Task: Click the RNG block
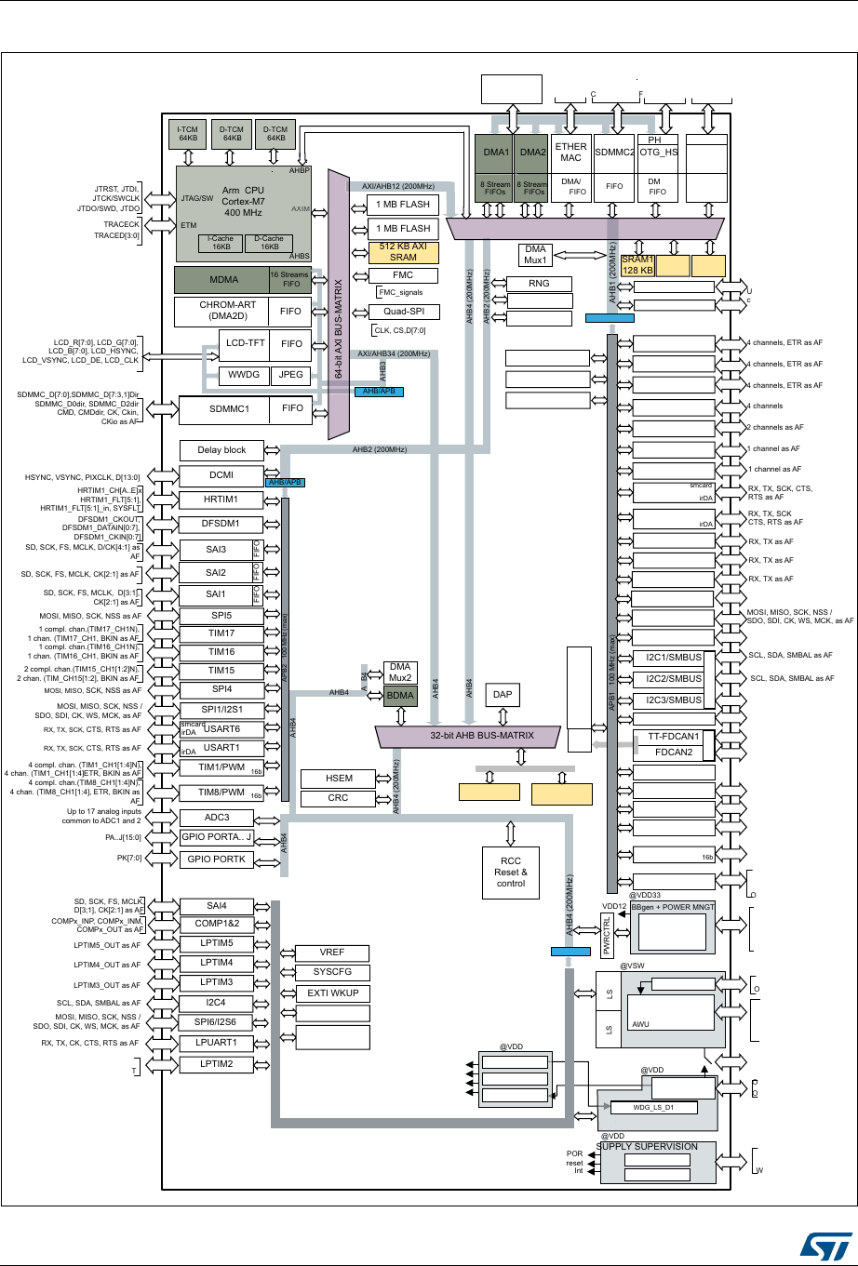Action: [x=538, y=284]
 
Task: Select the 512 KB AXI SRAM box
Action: [x=403, y=251]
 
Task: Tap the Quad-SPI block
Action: [x=403, y=312]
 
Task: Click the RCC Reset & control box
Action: [x=510, y=872]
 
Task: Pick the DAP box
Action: [x=503, y=695]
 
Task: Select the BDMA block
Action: [x=399, y=695]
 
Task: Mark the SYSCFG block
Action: [x=331, y=973]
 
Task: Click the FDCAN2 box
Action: [x=673, y=752]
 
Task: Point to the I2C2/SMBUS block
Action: [x=673, y=679]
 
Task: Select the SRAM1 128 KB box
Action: [x=637, y=264]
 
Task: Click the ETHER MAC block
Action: [x=570, y=152]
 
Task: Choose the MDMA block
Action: [x=221, y=280]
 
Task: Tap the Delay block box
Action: [x=221, y=450]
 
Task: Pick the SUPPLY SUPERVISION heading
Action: [x=647, y=1146]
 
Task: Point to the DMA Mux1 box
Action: [x=535, y=255]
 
